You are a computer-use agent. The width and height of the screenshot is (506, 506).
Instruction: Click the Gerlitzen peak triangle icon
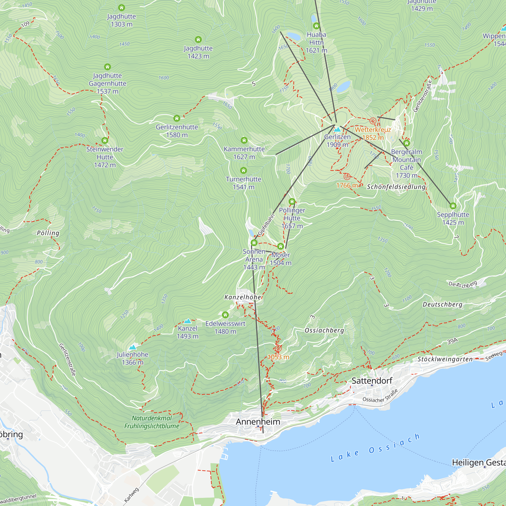(337, 129)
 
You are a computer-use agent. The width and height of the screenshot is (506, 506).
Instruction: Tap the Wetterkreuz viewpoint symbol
(373, 121)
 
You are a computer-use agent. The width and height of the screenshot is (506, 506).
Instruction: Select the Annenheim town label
(258, 422)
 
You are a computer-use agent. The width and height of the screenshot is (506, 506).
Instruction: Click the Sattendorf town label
(372, 381)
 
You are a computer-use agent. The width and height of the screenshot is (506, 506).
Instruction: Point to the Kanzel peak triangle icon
(187, 321)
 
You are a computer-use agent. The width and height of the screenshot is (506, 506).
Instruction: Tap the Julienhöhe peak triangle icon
(133, 347)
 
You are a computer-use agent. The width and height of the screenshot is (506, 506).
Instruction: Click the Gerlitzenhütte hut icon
(177, 118)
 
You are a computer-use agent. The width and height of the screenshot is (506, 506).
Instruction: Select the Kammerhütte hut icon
(244, 140)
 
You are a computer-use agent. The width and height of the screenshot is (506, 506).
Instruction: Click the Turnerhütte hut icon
(244, 171)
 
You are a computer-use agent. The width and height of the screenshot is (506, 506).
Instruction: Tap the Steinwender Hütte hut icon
(105, 141)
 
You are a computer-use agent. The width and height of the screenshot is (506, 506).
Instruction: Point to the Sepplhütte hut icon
(453, 206)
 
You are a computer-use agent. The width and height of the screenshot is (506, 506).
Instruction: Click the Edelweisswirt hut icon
(225, 315)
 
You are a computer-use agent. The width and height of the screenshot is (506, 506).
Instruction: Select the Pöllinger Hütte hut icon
(292, 202)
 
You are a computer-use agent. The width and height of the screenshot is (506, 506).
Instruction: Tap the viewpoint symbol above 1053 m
(278, 348)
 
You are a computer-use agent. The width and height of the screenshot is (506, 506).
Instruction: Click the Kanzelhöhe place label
(243, 297)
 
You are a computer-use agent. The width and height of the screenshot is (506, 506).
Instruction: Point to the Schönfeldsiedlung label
(396, 187)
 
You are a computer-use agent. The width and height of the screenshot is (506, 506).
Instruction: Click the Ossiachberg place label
(324, 330)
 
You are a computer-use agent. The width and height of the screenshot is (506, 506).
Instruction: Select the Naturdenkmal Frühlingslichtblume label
(152, 422)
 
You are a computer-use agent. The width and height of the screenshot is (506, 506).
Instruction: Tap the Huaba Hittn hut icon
(317, 26)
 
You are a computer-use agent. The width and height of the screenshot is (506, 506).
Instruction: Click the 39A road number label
(452, 341)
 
